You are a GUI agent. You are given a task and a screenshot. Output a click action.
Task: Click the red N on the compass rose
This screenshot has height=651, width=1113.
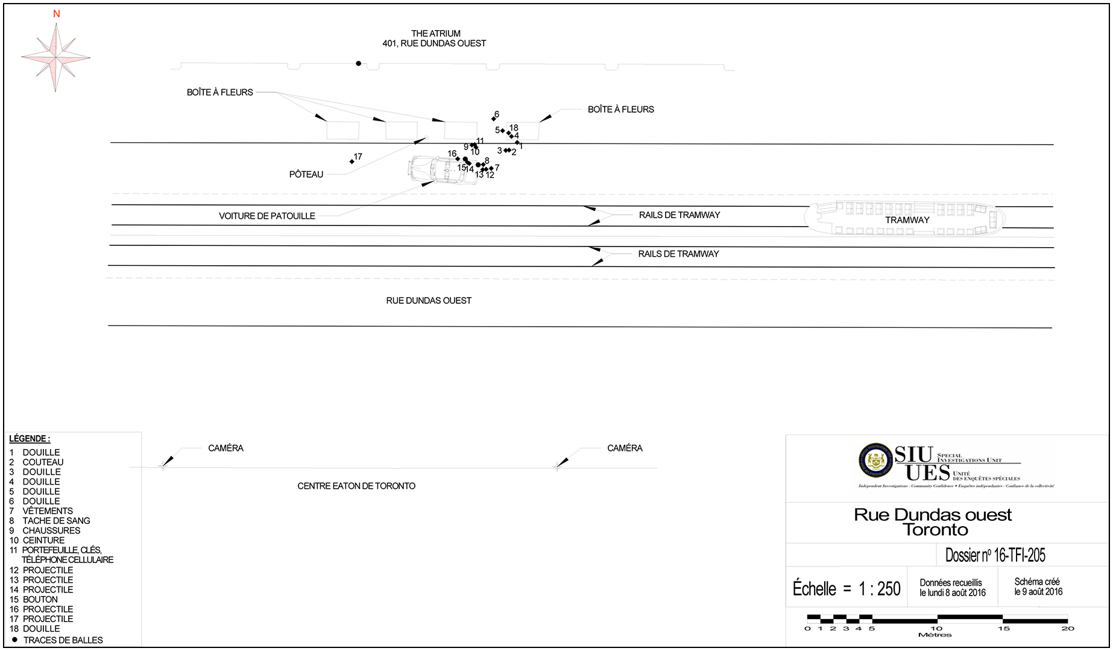(x=57, y=14)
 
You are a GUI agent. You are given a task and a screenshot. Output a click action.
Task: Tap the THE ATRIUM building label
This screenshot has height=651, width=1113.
(x=435, y=34)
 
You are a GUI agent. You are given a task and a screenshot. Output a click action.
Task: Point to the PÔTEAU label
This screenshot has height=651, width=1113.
(x=306, y=174)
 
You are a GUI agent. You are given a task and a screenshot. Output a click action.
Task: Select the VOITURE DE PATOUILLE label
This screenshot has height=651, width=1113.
(x=266, y=216)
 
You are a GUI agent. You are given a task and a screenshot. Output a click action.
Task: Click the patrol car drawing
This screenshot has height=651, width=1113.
(x=441, y=170)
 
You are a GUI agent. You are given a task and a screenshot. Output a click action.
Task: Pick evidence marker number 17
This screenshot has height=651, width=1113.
(x=352, y=162)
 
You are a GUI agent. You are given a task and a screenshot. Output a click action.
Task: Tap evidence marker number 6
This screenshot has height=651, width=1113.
(x=494, y=118)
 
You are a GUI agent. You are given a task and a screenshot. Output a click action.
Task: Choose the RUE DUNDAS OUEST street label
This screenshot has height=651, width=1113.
(x=429, y=300)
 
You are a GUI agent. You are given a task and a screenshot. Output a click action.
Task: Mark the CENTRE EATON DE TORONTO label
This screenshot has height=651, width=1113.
(x=356, y=486)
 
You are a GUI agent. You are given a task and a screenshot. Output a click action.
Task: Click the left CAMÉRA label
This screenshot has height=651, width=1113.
(x=225, y=448)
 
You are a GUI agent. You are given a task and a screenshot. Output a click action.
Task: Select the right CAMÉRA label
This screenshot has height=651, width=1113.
(x=625, y=448)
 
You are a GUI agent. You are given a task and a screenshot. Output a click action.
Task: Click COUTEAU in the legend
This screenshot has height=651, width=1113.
(x=43, y=462)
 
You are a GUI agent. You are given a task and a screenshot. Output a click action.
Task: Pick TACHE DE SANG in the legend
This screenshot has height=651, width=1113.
(x=56, y=521)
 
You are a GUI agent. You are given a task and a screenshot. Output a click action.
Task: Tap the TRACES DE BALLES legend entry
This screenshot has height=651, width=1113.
(x=63, y=640)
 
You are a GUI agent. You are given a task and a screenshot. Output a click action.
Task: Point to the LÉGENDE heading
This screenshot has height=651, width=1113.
(x=30, y=439)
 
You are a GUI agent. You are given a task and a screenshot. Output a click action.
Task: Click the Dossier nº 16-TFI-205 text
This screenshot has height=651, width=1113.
(x=995, y=555)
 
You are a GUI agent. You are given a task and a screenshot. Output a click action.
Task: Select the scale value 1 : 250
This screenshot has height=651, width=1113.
(x=880, y=588)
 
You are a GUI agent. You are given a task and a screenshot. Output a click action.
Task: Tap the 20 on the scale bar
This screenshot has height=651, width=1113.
(x=1068, y=628)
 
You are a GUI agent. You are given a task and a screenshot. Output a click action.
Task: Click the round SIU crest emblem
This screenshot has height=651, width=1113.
(x=875, y=461)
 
